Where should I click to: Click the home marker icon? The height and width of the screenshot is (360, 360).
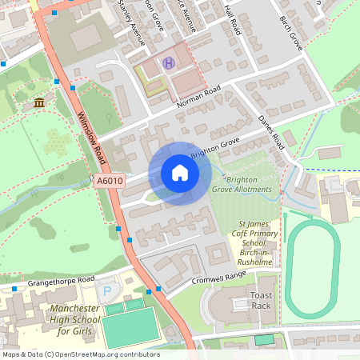click(180, 173)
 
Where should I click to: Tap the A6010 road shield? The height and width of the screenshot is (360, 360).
click(110, 182)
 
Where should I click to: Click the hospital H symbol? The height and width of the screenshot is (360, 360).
click(168, 63)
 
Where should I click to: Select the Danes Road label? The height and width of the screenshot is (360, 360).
click(270, 131)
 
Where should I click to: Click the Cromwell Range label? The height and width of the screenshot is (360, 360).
click(218, 278)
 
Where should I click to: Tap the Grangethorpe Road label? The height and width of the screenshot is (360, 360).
click(50, 282)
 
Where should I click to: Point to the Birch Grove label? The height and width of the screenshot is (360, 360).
click(290, 30)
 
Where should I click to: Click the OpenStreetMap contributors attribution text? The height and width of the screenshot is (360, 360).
click(81, 354)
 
